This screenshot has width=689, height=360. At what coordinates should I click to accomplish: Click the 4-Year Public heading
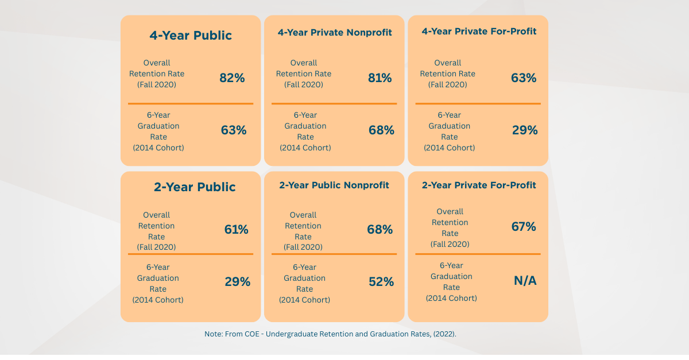(191, 36)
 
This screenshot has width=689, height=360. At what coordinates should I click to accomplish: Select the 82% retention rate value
(232, 78)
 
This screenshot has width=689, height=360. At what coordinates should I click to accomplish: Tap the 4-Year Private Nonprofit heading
(335, 32)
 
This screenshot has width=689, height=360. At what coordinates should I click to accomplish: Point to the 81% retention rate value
(380, 78)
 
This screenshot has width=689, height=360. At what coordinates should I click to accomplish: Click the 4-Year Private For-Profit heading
(479, 31)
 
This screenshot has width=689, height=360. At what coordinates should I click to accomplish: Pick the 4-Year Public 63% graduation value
(234, 130)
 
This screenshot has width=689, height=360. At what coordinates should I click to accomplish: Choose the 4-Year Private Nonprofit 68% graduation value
(381, 130)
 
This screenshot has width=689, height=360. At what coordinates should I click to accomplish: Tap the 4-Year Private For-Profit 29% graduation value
(525, 130)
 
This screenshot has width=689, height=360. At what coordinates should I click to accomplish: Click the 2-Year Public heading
(195, 187)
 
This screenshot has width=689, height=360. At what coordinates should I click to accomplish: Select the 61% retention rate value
(236, 230)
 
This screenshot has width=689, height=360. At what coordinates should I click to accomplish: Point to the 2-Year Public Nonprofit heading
(334, 185)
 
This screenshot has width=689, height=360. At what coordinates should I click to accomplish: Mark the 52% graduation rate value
(381, 282)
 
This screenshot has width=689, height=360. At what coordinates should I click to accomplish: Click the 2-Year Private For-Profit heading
(479, 185)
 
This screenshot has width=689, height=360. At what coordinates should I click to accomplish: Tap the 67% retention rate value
(524, 227)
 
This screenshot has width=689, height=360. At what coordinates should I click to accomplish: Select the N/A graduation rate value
(525, 281)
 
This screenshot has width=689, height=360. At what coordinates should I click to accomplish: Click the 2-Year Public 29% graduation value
(237, 282)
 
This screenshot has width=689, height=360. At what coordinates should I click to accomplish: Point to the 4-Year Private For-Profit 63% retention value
(524, 78)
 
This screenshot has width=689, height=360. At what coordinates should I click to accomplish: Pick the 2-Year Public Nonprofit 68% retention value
(380, 230)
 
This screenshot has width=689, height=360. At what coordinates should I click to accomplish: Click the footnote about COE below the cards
(330, 334)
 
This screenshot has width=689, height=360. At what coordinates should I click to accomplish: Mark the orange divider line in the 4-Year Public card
(191, 103)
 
